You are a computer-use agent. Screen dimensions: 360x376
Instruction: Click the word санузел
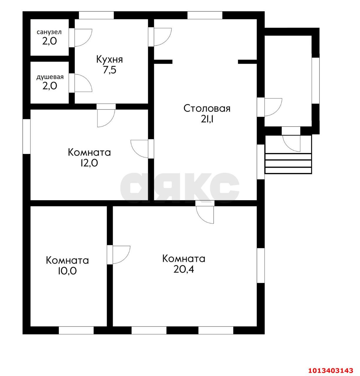(x=49, y=32)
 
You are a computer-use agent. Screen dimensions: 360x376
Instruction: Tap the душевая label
(x=50, y=77)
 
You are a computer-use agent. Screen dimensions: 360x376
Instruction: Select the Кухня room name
(x=109, y=59)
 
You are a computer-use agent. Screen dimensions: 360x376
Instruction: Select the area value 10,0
(x=67, y=271)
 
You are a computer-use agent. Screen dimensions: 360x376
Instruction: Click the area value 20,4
(x=183, y=269)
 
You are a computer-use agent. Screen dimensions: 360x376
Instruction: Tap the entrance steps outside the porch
(x=288, y=163)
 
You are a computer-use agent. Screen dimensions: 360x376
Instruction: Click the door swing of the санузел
(x=83, y=38)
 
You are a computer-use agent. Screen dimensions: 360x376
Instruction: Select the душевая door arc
(x=83, y=83)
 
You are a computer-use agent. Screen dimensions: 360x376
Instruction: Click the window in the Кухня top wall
(x=96, y=15)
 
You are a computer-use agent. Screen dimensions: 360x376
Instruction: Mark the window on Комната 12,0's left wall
(x=27, y=136)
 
